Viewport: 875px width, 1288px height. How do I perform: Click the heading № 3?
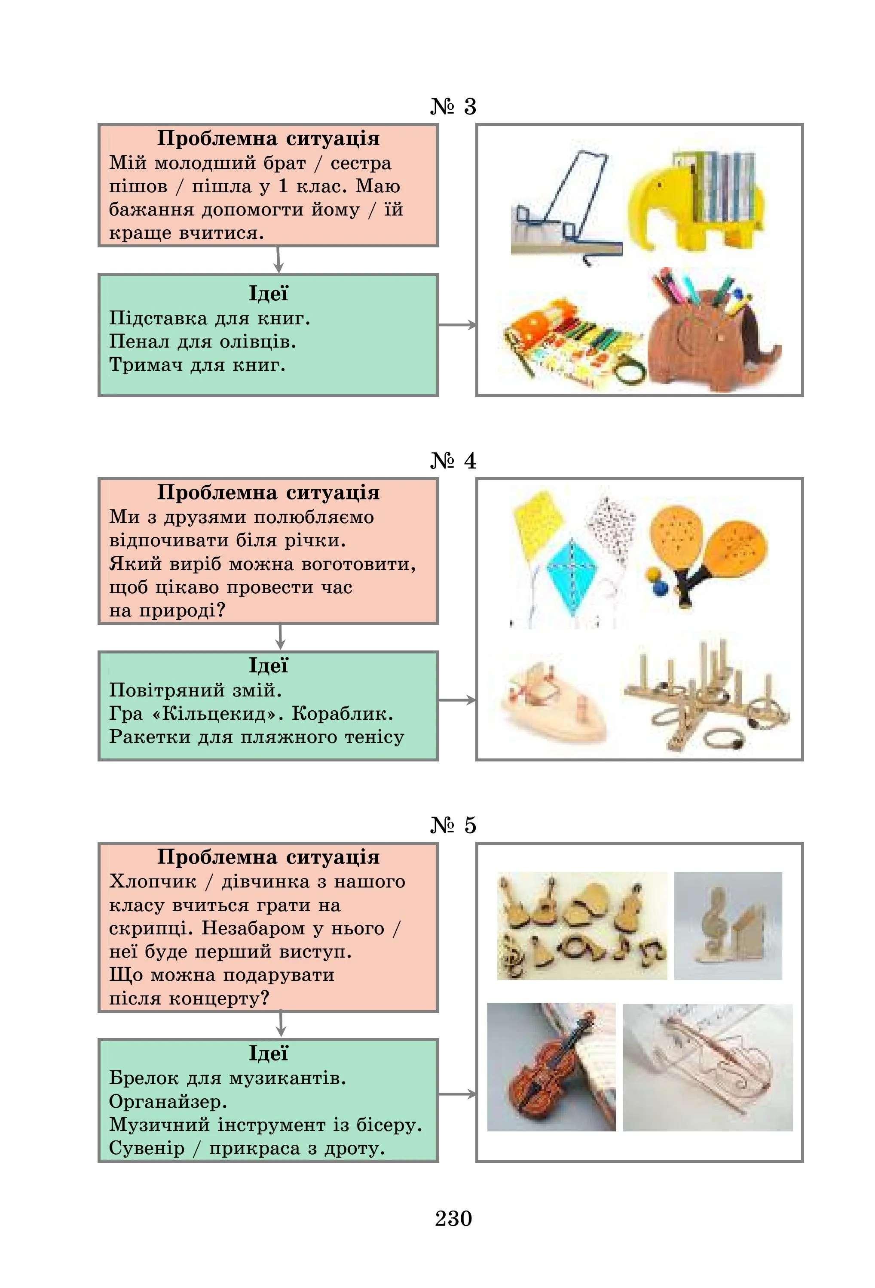click(453, 106)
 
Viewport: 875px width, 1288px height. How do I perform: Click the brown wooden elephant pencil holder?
click(712, 341)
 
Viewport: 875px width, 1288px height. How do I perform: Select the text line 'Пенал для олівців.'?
click(203, 342)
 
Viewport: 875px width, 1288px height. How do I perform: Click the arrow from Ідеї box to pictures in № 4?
click(457, 700)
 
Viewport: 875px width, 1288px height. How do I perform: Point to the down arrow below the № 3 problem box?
click(278, 259)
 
